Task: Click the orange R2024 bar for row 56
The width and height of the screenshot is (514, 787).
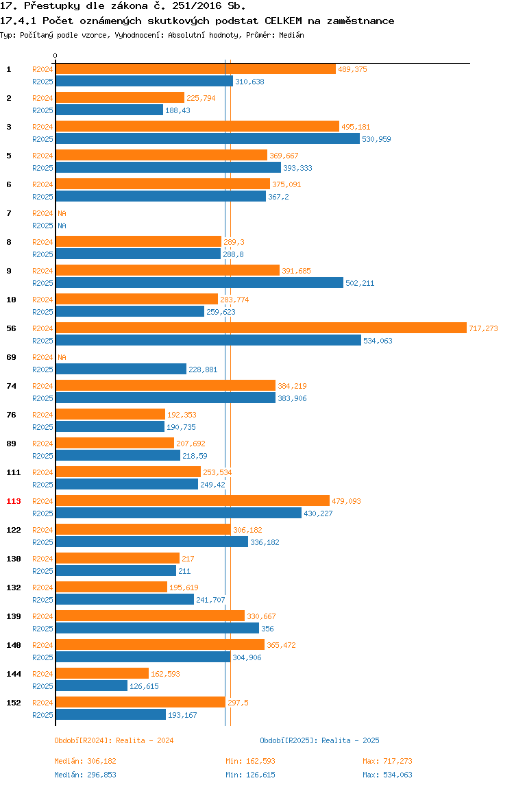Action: point(261,328)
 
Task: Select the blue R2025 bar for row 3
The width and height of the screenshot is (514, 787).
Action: point(208,139)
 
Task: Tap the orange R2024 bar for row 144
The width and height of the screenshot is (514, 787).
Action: point(102,674)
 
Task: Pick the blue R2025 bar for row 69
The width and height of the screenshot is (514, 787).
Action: point(121,370)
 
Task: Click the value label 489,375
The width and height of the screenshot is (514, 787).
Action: point(352,69)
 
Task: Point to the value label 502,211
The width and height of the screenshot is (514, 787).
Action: point(360,283)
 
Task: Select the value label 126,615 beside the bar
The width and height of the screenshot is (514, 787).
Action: point(144,686)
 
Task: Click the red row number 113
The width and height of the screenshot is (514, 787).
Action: point(14,501)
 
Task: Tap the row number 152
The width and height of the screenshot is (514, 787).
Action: point(14,703)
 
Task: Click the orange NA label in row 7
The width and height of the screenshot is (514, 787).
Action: point(62,213)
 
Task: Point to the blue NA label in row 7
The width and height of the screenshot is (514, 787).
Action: point(62,226)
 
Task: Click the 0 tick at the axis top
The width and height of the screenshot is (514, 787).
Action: point(56,56)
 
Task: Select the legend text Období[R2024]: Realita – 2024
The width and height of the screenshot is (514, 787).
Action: point(114,740)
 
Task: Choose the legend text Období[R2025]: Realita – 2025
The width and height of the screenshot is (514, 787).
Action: point(320,740)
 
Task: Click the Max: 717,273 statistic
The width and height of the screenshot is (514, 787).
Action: point(387,761)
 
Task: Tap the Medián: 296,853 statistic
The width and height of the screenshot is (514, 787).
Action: point(86,775)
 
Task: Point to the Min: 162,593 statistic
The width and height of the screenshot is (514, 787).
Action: point(250,761)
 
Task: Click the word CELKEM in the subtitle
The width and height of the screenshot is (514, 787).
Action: point(283,21)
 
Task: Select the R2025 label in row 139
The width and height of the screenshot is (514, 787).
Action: point(42,629)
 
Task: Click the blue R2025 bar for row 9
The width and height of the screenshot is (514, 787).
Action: point(199,283)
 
